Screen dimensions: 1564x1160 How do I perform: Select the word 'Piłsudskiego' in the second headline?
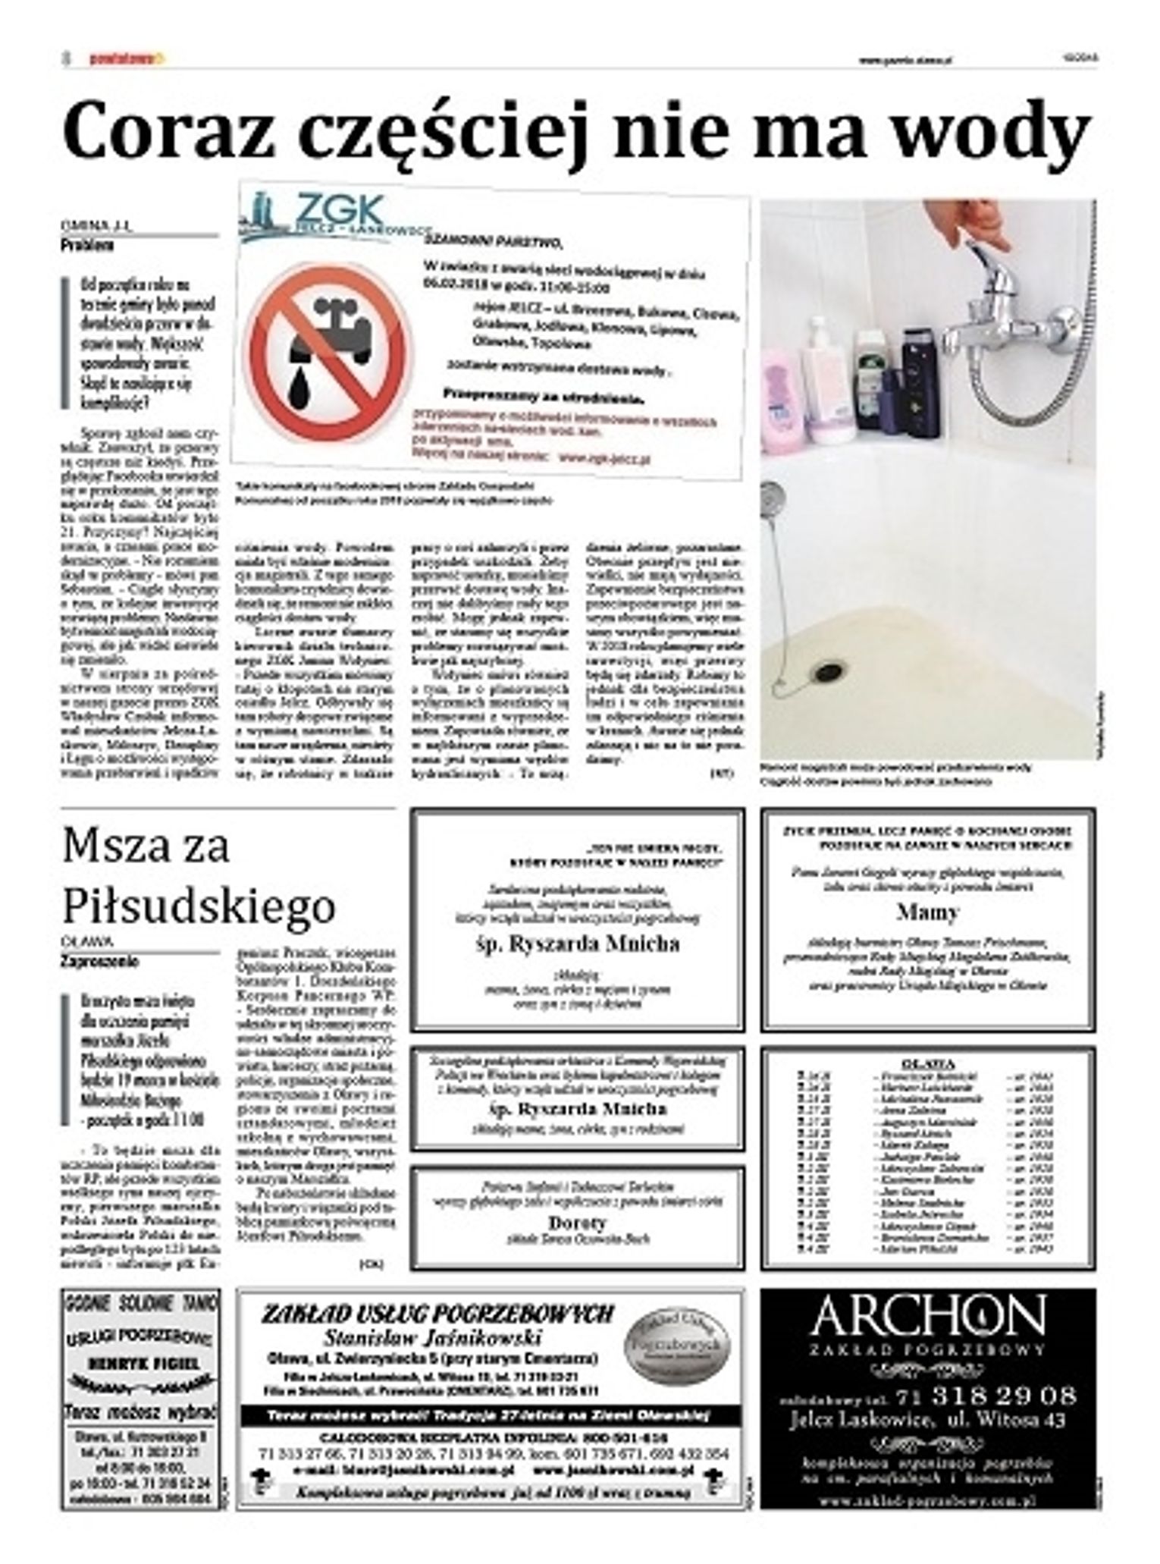(199, 905)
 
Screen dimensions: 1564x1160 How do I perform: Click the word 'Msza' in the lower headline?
(118, 846)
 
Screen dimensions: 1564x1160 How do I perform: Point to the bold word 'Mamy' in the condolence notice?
(927, 912)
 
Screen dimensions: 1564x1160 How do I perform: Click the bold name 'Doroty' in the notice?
(577, 1223)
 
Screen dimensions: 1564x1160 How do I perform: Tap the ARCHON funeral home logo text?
(927, 1316)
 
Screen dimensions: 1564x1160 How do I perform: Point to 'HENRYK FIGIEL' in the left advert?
(143, 1363)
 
